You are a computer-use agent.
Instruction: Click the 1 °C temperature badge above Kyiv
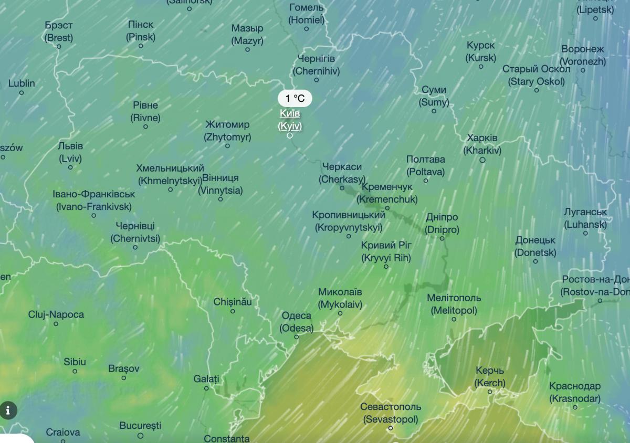295,98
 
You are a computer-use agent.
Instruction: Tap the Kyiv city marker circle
290,135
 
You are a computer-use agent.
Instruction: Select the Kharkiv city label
482,144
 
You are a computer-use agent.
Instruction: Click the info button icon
8,410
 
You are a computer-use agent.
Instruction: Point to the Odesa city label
297,322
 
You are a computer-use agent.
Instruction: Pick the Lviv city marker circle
70,167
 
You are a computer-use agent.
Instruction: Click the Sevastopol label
391,413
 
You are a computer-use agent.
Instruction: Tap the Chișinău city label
233,302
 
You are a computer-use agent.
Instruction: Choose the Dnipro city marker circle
442,238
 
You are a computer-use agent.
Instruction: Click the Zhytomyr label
227,131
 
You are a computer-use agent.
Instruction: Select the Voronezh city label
583,55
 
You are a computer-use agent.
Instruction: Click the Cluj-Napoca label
56,314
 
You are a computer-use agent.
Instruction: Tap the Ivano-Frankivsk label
94,201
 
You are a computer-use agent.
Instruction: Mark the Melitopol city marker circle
454,319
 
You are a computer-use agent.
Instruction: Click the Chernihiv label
316,65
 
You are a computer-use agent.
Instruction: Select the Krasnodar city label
575,393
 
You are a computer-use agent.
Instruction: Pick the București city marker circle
140,436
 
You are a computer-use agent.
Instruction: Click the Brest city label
59,31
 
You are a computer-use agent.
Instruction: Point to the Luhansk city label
585,218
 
